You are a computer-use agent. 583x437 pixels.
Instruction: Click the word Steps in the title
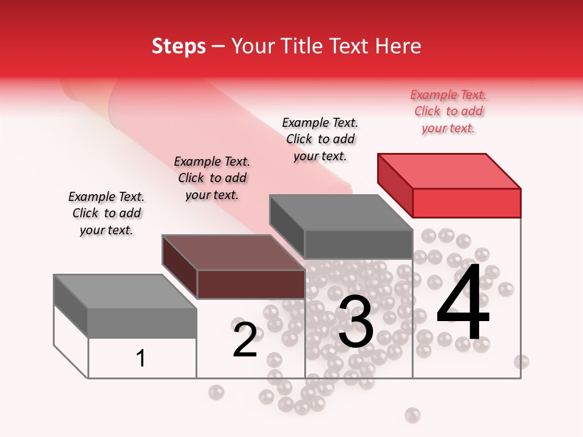click(x=179, y=46)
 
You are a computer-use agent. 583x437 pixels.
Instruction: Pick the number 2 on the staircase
click(x=245, y=340)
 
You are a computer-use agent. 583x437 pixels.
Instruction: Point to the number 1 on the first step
click(x=141, y=358)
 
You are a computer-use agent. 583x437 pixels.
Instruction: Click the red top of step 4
click(x=449, y=171)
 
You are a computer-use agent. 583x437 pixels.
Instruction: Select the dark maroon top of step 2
click(x=233, y=252)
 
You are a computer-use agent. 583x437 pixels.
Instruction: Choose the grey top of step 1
click(x=125, y=292)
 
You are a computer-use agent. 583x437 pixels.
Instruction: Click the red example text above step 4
click(x=448, y=112)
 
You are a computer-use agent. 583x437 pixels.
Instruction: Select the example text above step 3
click(x=320, y=139)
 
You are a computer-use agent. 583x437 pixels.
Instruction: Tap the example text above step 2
click(x=212, y=178)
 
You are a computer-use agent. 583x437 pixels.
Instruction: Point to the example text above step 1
click(x=106, y=213)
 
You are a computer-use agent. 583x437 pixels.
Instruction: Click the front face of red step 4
click(x=466, y=203)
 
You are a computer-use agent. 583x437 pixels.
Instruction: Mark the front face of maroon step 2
click(x=251, y=284)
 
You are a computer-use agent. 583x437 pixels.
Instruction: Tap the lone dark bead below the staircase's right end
click(x=413, y=415)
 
